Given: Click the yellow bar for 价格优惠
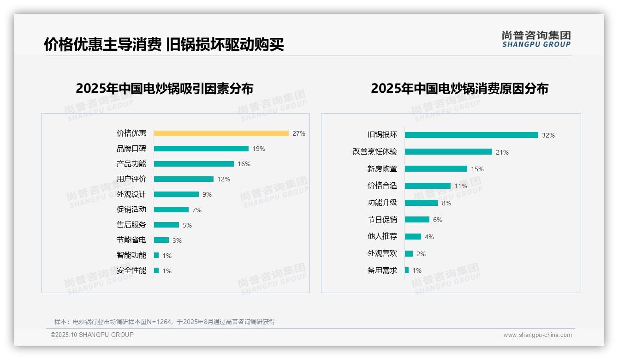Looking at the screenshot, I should click(221, 133).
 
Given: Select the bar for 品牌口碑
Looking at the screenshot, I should click(201, 149).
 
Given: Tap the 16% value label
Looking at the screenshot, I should click(244, 164).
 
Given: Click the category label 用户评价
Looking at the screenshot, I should click(131, 179).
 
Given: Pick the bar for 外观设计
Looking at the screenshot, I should click(176, 194).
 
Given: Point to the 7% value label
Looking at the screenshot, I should click(197, 210).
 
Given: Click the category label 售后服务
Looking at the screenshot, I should click(131, 225).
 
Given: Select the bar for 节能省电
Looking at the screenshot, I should click(161, 240).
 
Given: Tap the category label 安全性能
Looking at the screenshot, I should click(131, 270).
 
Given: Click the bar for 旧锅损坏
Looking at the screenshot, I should click(471, 135).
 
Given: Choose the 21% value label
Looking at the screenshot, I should click(502, 152).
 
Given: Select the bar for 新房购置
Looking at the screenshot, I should click(436, 169).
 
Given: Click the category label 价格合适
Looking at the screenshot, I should click(382, 186).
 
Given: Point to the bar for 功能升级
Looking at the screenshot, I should click(422, 203).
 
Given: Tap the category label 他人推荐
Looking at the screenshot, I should click(382, 236).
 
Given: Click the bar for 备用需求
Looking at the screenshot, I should click(407, 270).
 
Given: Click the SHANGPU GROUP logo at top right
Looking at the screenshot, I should click(536, 39).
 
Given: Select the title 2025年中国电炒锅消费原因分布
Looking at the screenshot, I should click(459, 89).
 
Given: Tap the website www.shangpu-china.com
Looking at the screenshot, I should click(537, 335).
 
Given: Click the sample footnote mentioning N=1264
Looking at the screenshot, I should click(165, 322).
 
